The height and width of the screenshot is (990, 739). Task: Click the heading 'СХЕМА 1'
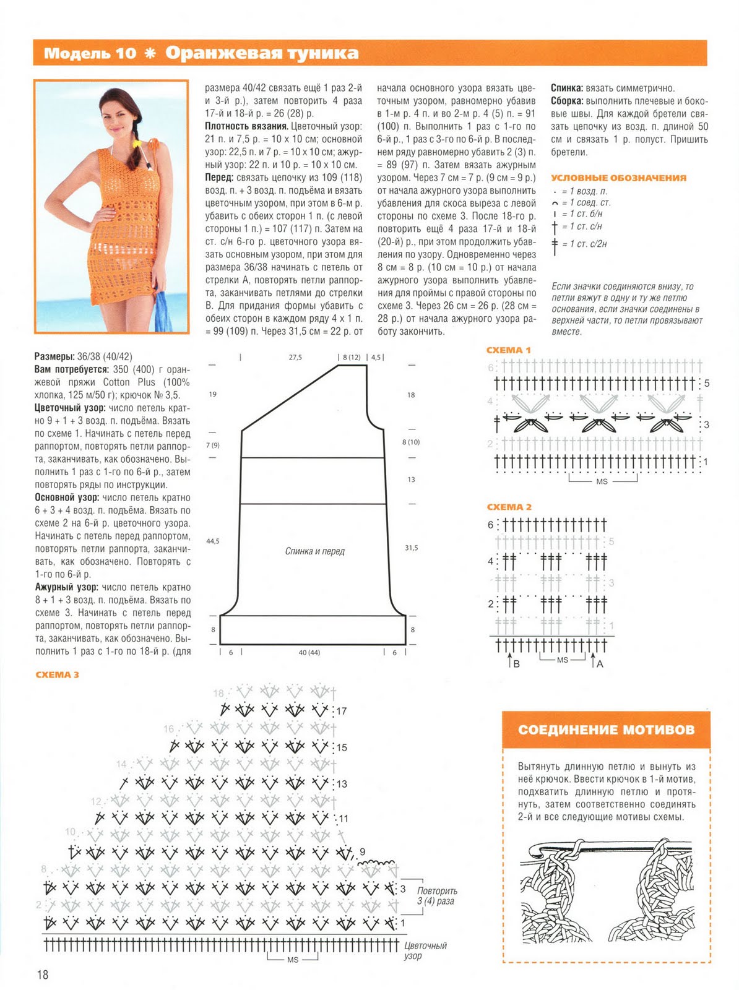(x=509, y=350)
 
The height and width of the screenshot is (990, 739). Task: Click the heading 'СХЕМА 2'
(x=509, y=507)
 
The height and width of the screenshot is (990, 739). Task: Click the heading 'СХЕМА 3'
(x=58, y=674)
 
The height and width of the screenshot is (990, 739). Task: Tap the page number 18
(x=42, y=975)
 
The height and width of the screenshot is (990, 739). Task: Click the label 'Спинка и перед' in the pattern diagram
(x=314, y=551)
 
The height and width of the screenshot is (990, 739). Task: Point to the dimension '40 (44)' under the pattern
(x=309, y=653)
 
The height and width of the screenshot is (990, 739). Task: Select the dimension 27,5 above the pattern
(x=295, y=357)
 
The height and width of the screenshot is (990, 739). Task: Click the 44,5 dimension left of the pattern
(x=213, y=541)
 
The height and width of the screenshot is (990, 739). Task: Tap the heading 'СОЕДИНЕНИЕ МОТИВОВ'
(x=606, y=730)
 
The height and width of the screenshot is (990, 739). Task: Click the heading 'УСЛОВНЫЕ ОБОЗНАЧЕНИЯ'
(x=618, y=178)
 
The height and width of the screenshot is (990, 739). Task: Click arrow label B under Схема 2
(x=516, y=664)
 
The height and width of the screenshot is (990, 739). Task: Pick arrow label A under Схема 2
(x=599, y=664)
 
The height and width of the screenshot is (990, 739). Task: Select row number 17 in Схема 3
(x=341, y=711)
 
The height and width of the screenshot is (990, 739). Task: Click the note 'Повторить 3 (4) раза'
(x=436, y=896)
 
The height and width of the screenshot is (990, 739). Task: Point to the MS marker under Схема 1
(x=602, y=481)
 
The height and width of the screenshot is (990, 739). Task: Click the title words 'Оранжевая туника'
(x=262, y=53)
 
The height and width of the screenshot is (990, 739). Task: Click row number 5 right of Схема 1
(x=707, y=384)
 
